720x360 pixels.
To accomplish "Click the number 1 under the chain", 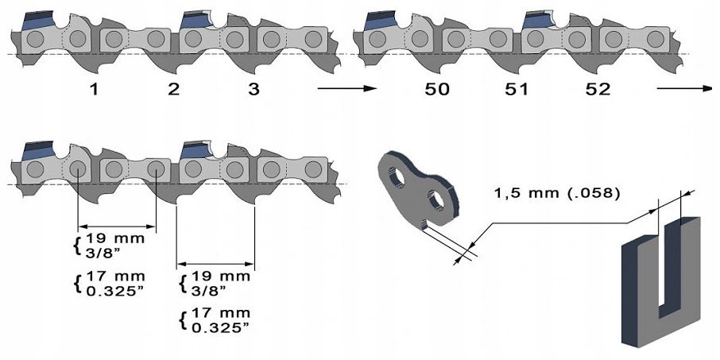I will (x=94, y=89).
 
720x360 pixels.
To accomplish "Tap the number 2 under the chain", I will (x=173, y=89).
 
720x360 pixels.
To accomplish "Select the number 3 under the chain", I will (x=253, y=89).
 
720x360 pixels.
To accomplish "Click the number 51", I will (x=517, y=89).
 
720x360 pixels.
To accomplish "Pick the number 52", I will (x=597, y=89).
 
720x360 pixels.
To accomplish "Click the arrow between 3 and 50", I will (x=346, y=89).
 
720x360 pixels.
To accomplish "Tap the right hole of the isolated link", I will (x=436, y=201).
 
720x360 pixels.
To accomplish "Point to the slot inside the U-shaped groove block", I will (x=671, y=262).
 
